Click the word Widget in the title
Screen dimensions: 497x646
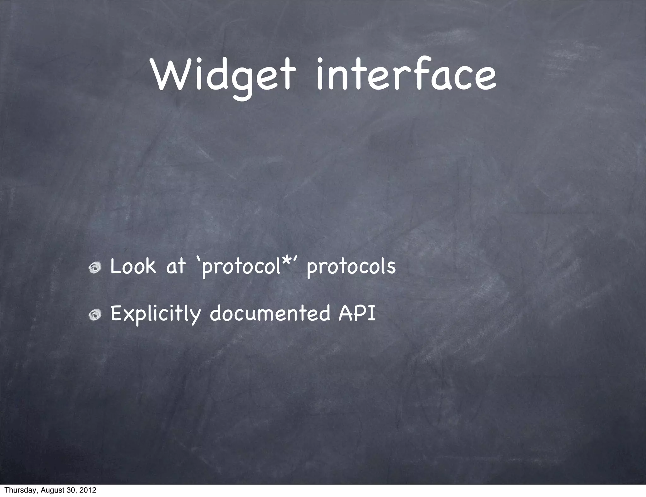pos(224,76)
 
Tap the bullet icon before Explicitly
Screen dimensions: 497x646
pos(95,314)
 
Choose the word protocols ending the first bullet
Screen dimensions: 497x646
pos(351,267)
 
